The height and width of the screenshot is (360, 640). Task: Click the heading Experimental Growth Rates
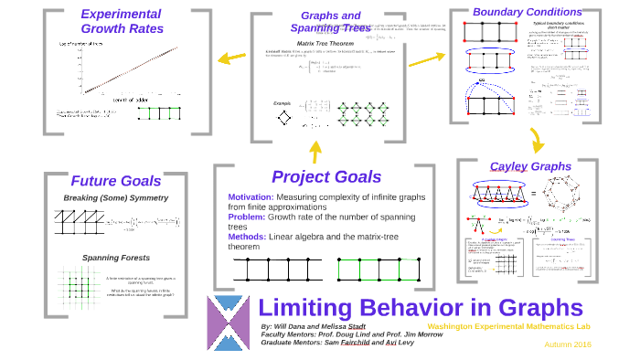122,21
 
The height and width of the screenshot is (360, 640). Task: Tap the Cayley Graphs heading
530,166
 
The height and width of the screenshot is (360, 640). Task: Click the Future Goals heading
116,180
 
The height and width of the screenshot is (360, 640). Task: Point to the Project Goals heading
326,176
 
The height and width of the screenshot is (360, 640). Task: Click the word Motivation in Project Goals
251,197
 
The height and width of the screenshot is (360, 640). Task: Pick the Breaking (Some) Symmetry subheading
115,198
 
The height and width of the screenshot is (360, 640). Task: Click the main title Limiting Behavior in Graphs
421,307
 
